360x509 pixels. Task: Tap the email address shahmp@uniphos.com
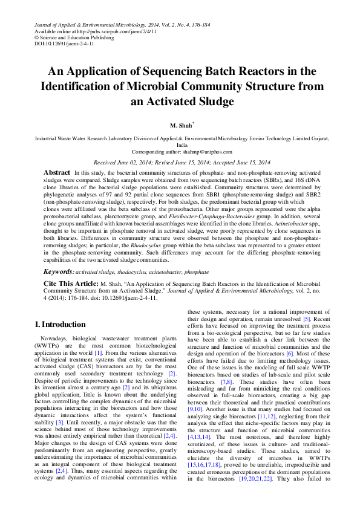pos(201,153)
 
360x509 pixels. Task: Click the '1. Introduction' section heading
pos(60,325)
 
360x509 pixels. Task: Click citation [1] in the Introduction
pos(98,352)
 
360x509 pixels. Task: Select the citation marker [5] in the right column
pos(307,318)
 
